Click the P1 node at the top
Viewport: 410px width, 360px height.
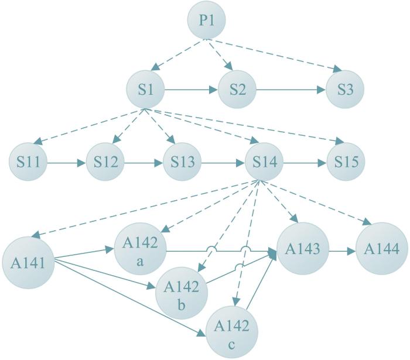(207, 20)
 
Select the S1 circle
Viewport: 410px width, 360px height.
(145, 90)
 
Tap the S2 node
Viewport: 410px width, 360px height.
(237, 90)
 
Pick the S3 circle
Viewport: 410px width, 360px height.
(345, 90)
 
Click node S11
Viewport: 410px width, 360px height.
(28, 162)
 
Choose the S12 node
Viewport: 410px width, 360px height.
(105, 162)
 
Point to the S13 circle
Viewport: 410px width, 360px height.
(182, 162)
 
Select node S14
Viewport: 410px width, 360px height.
(264, 162)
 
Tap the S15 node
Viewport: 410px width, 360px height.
(346, 162)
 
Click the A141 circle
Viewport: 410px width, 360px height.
(28, 263)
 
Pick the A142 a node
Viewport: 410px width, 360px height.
(141, 249)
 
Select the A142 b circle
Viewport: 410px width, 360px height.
(182, 293)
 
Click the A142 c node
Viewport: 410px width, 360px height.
(232, 332)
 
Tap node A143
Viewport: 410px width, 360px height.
(303, 248)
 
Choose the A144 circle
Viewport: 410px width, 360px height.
(382, 248)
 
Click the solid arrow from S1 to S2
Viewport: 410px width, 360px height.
(191, 90)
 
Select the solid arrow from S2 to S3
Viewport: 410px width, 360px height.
(291, 90)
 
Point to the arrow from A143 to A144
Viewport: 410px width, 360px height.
(342, 252)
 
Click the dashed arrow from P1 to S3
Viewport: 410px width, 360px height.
(274, 55)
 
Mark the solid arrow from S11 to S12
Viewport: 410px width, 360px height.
(66, 163)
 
